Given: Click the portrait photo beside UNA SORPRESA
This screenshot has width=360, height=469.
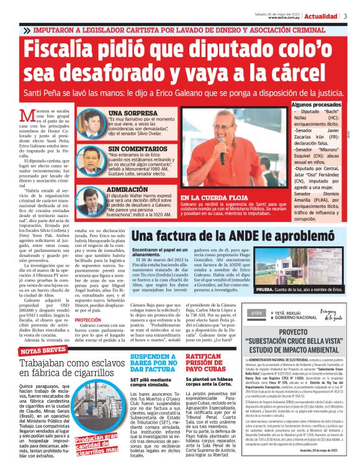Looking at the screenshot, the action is (x=92, y=123).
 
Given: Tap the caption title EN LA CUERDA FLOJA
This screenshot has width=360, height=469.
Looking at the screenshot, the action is (x=212, y=197).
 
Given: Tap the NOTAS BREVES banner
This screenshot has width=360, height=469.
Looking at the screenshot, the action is (x=41, y=352).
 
